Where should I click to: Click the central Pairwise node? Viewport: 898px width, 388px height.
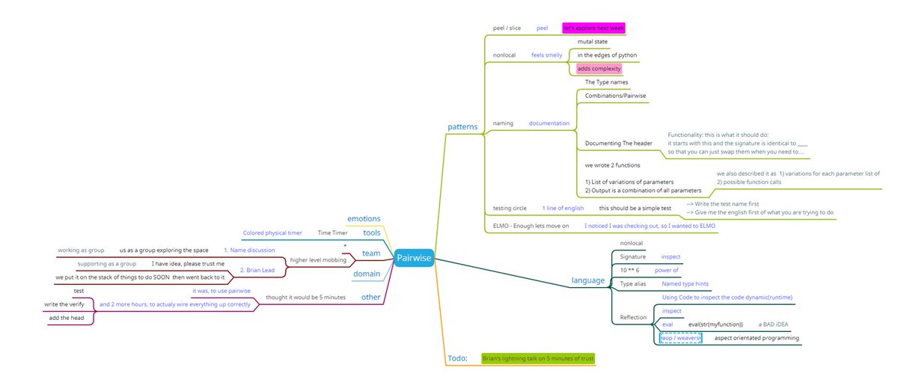click(414, 258)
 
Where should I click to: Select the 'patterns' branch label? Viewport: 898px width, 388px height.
click(462, 126)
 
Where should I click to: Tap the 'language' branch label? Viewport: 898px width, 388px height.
click(587, 280)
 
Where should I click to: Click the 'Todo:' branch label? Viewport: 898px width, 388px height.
click(456, 358)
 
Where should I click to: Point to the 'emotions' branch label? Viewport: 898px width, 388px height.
click(364, 218)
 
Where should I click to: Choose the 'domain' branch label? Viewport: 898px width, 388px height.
click(367, 274)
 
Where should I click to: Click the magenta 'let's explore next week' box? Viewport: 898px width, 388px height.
click(593, 28)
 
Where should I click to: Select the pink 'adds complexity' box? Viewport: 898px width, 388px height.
click(599, 69)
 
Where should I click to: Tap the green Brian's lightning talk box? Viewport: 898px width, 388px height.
click(537, 359)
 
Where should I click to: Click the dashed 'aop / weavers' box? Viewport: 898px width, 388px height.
click(679, 338)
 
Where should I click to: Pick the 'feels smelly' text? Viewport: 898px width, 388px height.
click(546, 55)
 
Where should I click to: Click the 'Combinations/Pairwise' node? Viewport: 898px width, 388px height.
click(615, 96)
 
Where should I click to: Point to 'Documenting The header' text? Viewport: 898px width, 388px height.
click(618, 143)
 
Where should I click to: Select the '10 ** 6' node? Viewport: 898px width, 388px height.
click(629, 270)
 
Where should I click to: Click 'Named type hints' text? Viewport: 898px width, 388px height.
click(685, 284)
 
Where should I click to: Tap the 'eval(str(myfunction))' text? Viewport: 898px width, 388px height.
click(715, 324)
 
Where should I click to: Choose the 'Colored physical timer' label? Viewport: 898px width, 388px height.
click(272, 233)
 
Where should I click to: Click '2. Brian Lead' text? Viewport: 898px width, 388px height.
click(256, 270)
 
